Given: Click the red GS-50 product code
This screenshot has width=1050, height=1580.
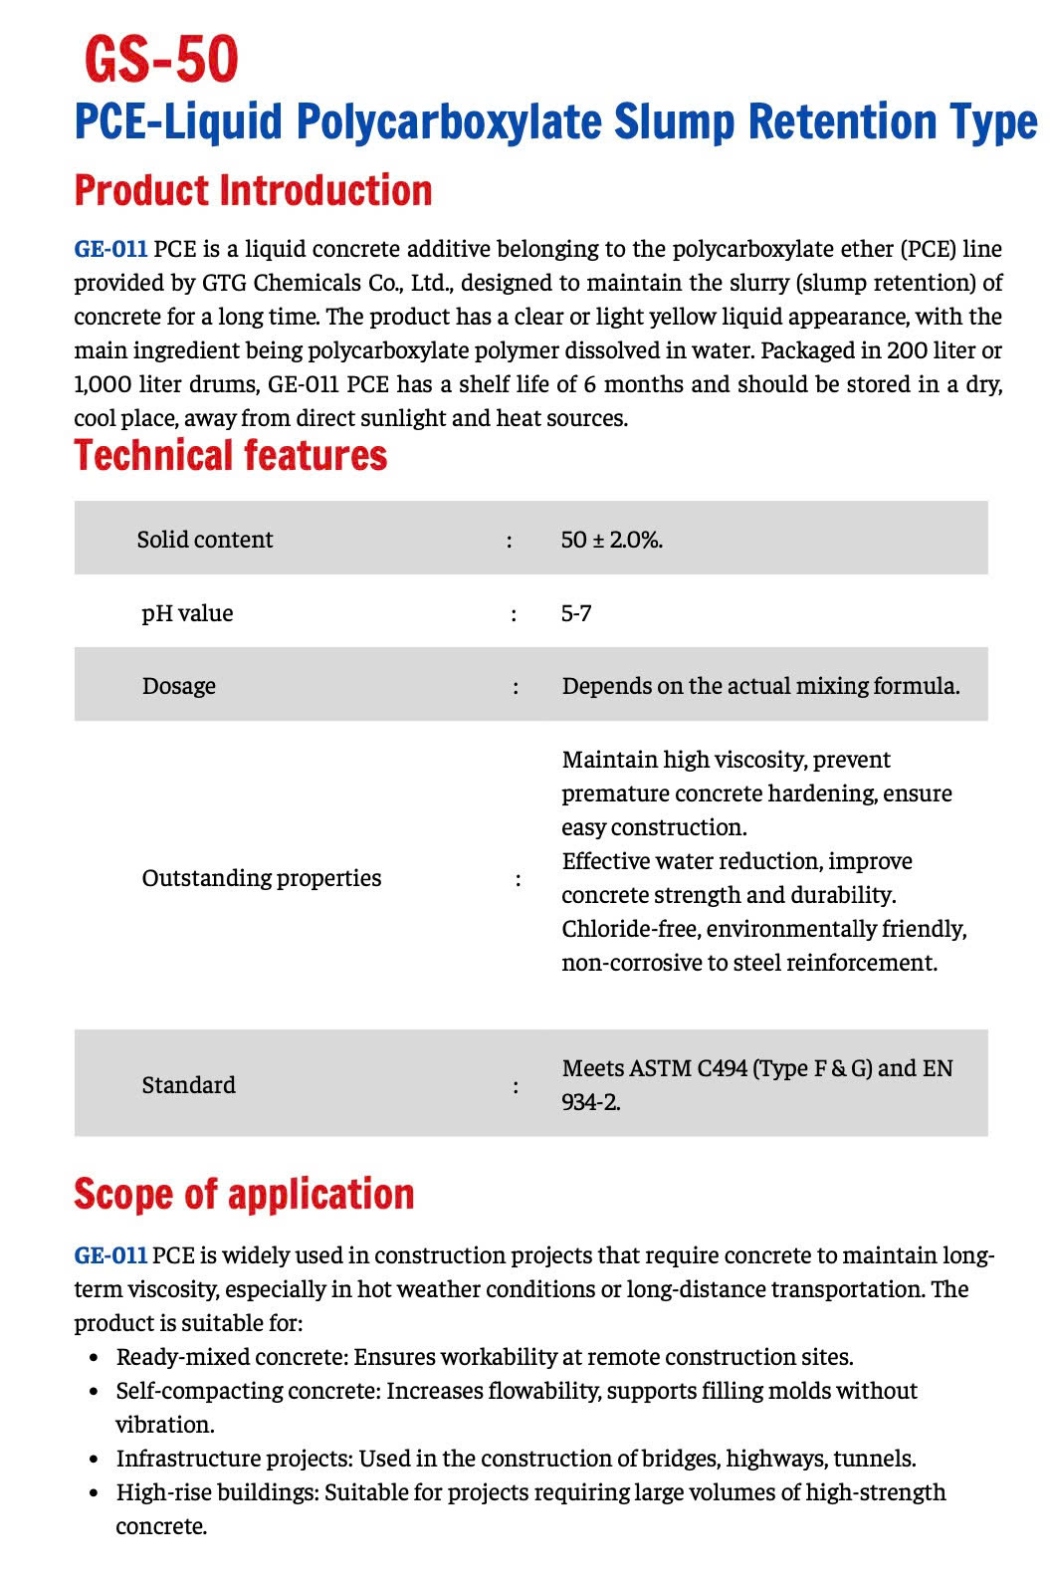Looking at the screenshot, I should pyautogui.click(x=161, y=59).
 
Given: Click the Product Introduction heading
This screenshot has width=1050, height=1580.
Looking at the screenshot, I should pyautogui.click(x=253, y=190).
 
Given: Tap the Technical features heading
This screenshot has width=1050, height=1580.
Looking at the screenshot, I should pyautogui.click(x=230, y=455).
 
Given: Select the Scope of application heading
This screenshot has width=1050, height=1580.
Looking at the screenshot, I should pyautogui.click(x=244, y=1194).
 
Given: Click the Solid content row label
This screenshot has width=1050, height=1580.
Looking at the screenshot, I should pyautogui.click(x=204, y=540).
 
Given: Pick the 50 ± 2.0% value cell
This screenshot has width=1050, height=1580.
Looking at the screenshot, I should pyautogui.click(x=611, y=540).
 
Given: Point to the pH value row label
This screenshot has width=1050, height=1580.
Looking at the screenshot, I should pyautogui.click(x=187, y=613).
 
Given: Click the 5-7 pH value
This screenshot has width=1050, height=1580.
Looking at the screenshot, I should pyautogui.click(x=576, y=613).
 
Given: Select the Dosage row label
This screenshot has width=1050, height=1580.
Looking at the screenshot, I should pyautogui.click(x=179, y=686).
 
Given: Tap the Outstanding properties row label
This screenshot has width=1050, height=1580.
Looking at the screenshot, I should pyautogui.click(x=261, y=878).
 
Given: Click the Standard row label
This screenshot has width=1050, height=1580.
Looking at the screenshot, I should pyautogui.click(x=188, y=1085).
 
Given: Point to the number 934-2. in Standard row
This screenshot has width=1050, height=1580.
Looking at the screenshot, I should pyautogui.click(x=591, y=1102).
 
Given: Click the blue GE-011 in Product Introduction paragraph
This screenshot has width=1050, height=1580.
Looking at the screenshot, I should pyautogui.click(x=110, y=249).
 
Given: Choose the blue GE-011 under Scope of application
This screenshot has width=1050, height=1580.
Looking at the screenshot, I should pyautogui.click(x=110, y=1255).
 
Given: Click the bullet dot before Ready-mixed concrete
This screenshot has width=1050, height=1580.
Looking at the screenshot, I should pyautogui.click(x=94, y=1358).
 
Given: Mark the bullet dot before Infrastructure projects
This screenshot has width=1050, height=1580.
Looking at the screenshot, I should pyautogui.click(x=94, y=1460).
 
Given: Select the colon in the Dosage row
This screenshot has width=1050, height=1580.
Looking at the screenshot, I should pyautogui.click(x=516, y=687).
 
